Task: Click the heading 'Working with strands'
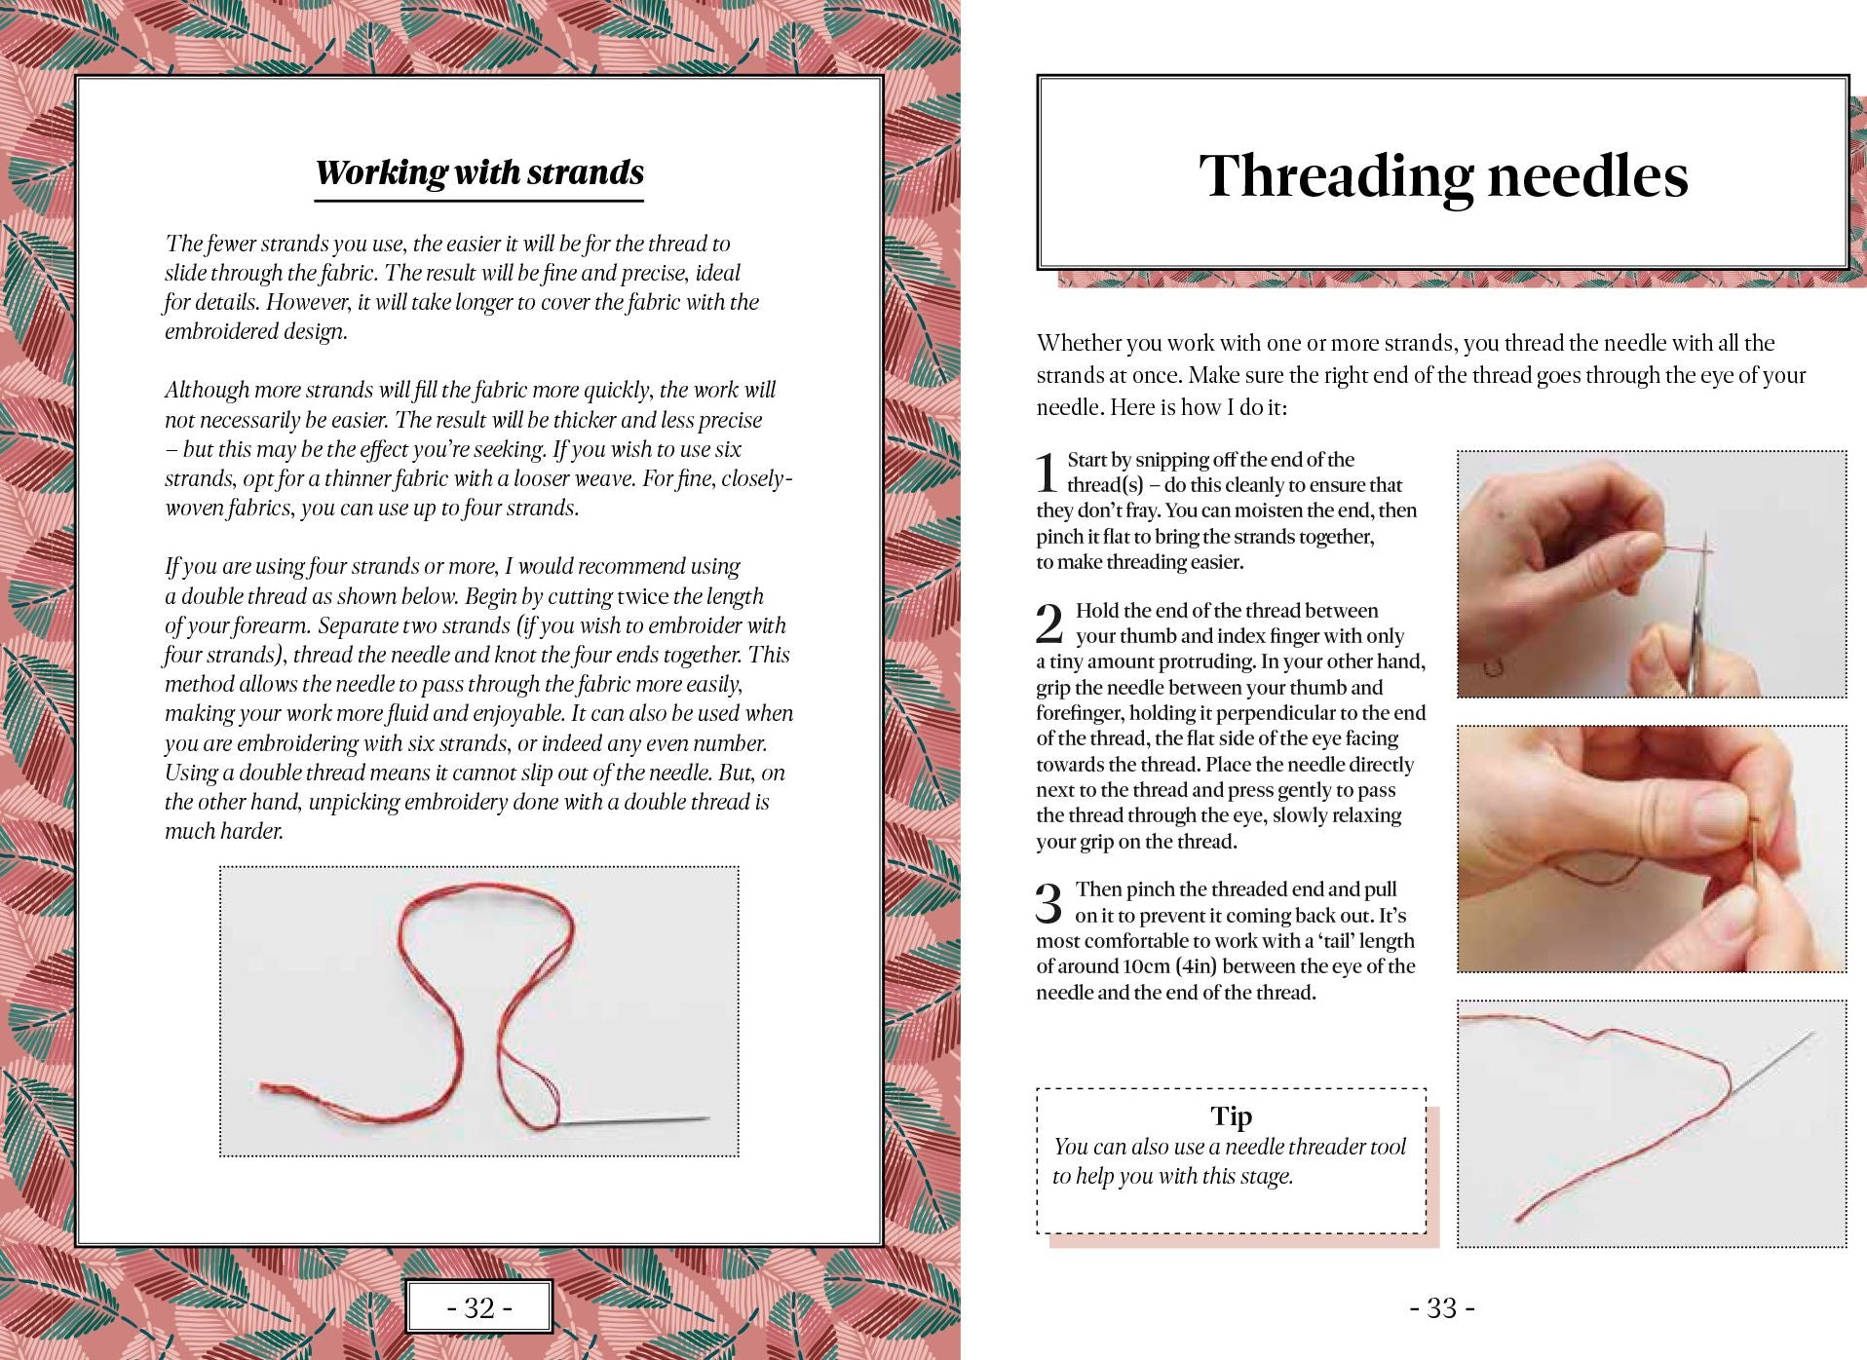tap(479, 172)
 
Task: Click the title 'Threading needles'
tap(1442, 176)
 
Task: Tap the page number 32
tap(478, 1307)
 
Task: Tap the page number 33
tap(1441, 1307)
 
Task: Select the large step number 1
tap(1047, 472)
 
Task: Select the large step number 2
tap(1048, 623)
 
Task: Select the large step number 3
tap(1048, 903)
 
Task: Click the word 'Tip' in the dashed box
tap(1231, 1115)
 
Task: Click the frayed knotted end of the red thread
tap(283, 1092)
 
